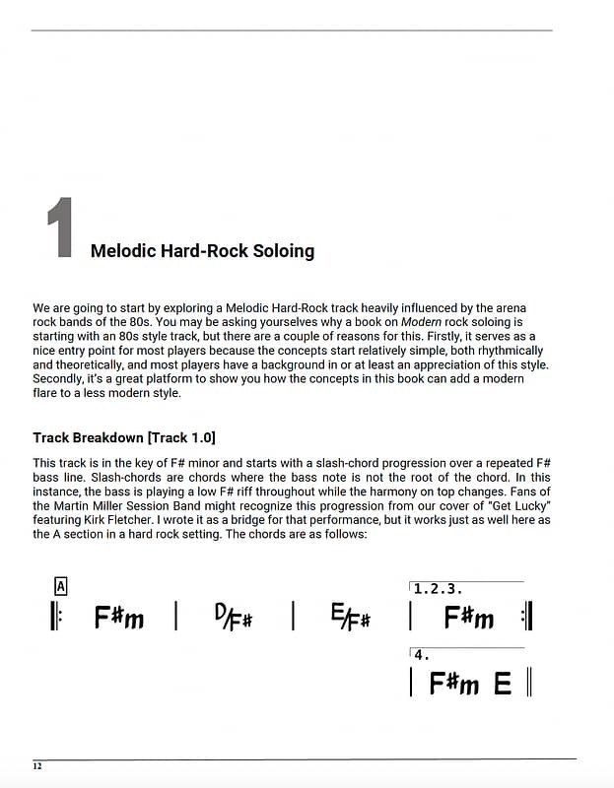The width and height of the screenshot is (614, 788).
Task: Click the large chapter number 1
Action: pyautogui.click(x=61, y=229)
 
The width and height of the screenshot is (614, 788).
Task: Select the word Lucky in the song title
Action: pyautogui.click(x=528, y=505)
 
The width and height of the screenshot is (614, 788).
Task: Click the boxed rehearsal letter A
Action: pyautogui.click(x=60, y=586)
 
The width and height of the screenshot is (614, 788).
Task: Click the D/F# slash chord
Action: pyautogui.click(x=233, y=618)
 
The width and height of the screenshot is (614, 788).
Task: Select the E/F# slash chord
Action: pyautogui.click(x=351, y=618)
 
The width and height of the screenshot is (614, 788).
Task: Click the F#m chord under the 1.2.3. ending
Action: pyautogui.click(x=468, y=618)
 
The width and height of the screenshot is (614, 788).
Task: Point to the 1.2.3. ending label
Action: pyautogui.click(x=438, y=589)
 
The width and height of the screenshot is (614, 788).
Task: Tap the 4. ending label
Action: pyautogui.click(x=422, y=654)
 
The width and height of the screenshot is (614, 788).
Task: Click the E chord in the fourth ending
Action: pyautogui.click(x=503, y=683)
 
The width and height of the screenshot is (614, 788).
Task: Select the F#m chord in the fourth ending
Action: pyautogui.click(x=454, y=683)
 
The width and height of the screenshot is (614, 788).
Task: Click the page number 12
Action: pyautogui.click(x=37, y=766)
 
